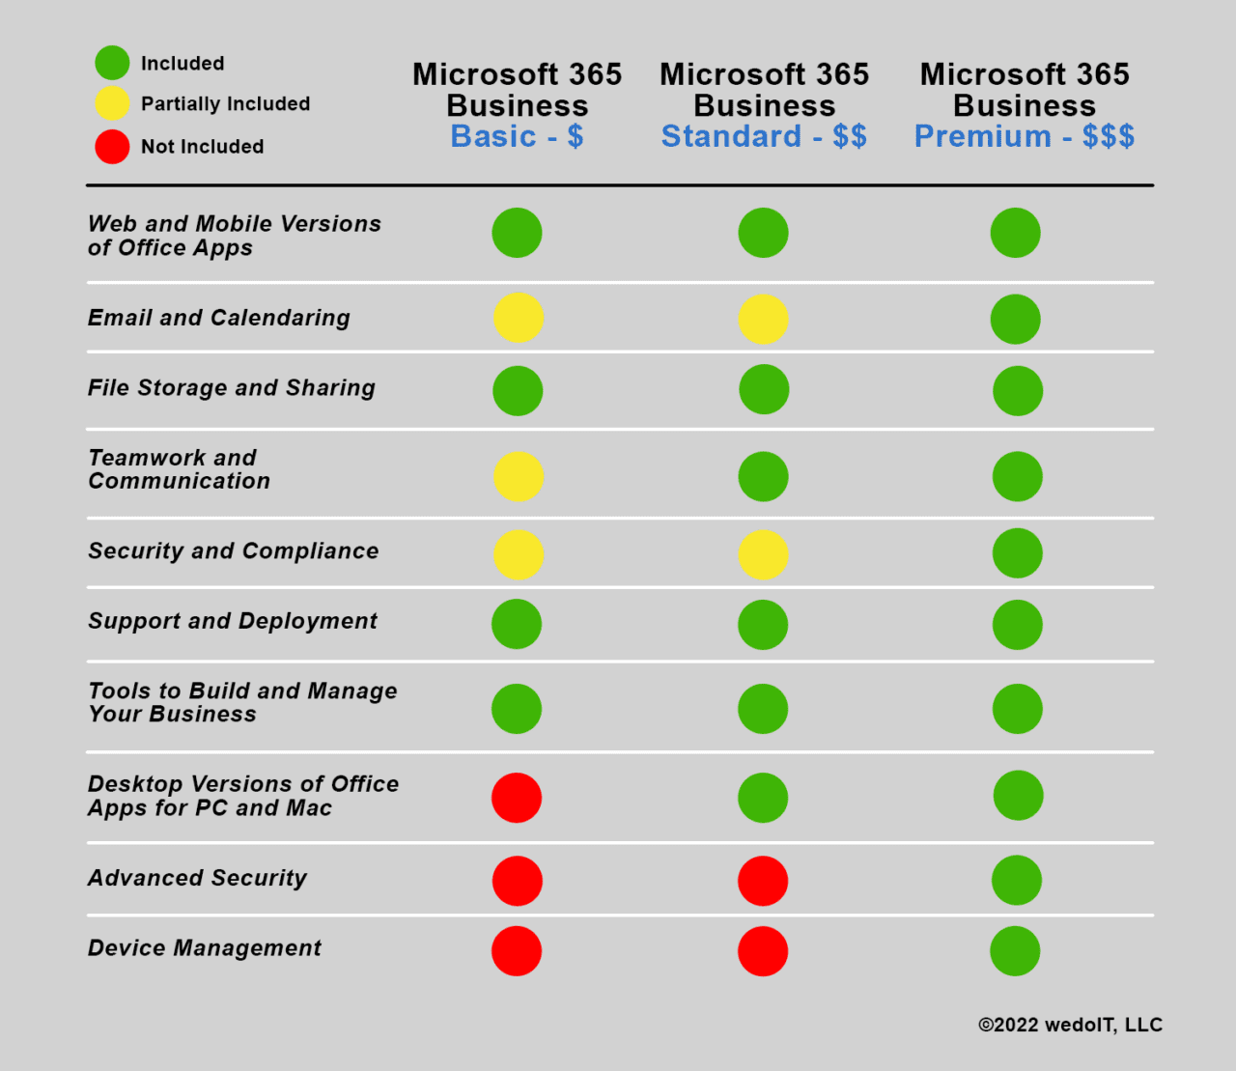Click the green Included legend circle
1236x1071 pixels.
click(112, 63)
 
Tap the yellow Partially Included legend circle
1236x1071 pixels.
click(112, 103)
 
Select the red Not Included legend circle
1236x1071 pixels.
click(112, 147)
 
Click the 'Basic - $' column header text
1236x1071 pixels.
click(517, 136)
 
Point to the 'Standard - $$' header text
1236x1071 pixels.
click(764, 136)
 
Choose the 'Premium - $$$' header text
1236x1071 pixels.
click(1024, 136)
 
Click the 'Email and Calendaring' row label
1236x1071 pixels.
click(219, 318)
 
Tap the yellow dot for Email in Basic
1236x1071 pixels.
click(518, 318)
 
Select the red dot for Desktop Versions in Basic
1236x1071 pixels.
click(517, 798)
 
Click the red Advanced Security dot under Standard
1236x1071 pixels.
click(763, 881)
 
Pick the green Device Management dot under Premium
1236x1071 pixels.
click(1015, 951)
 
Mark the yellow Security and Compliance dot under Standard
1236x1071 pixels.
click(763, 554)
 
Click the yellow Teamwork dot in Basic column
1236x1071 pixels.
click(518, 476)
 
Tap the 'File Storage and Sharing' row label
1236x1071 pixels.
click(232, 388)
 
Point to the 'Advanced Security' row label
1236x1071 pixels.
click(198, 878)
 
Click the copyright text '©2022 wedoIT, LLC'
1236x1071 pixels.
click(1070, 1025)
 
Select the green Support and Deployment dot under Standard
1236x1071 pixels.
click(763, 625)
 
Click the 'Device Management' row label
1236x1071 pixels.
click(205, 948)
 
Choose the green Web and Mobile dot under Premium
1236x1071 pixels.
click(1015, 233)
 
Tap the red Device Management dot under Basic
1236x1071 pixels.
click(517, 951)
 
